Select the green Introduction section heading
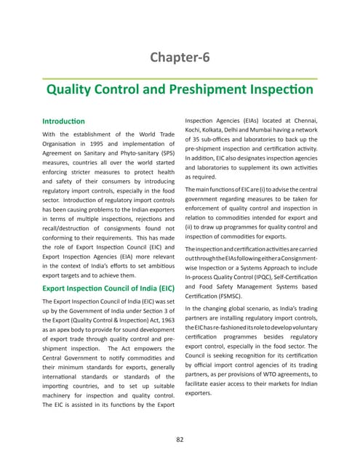pos(64,121)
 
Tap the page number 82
pos(180,439)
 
